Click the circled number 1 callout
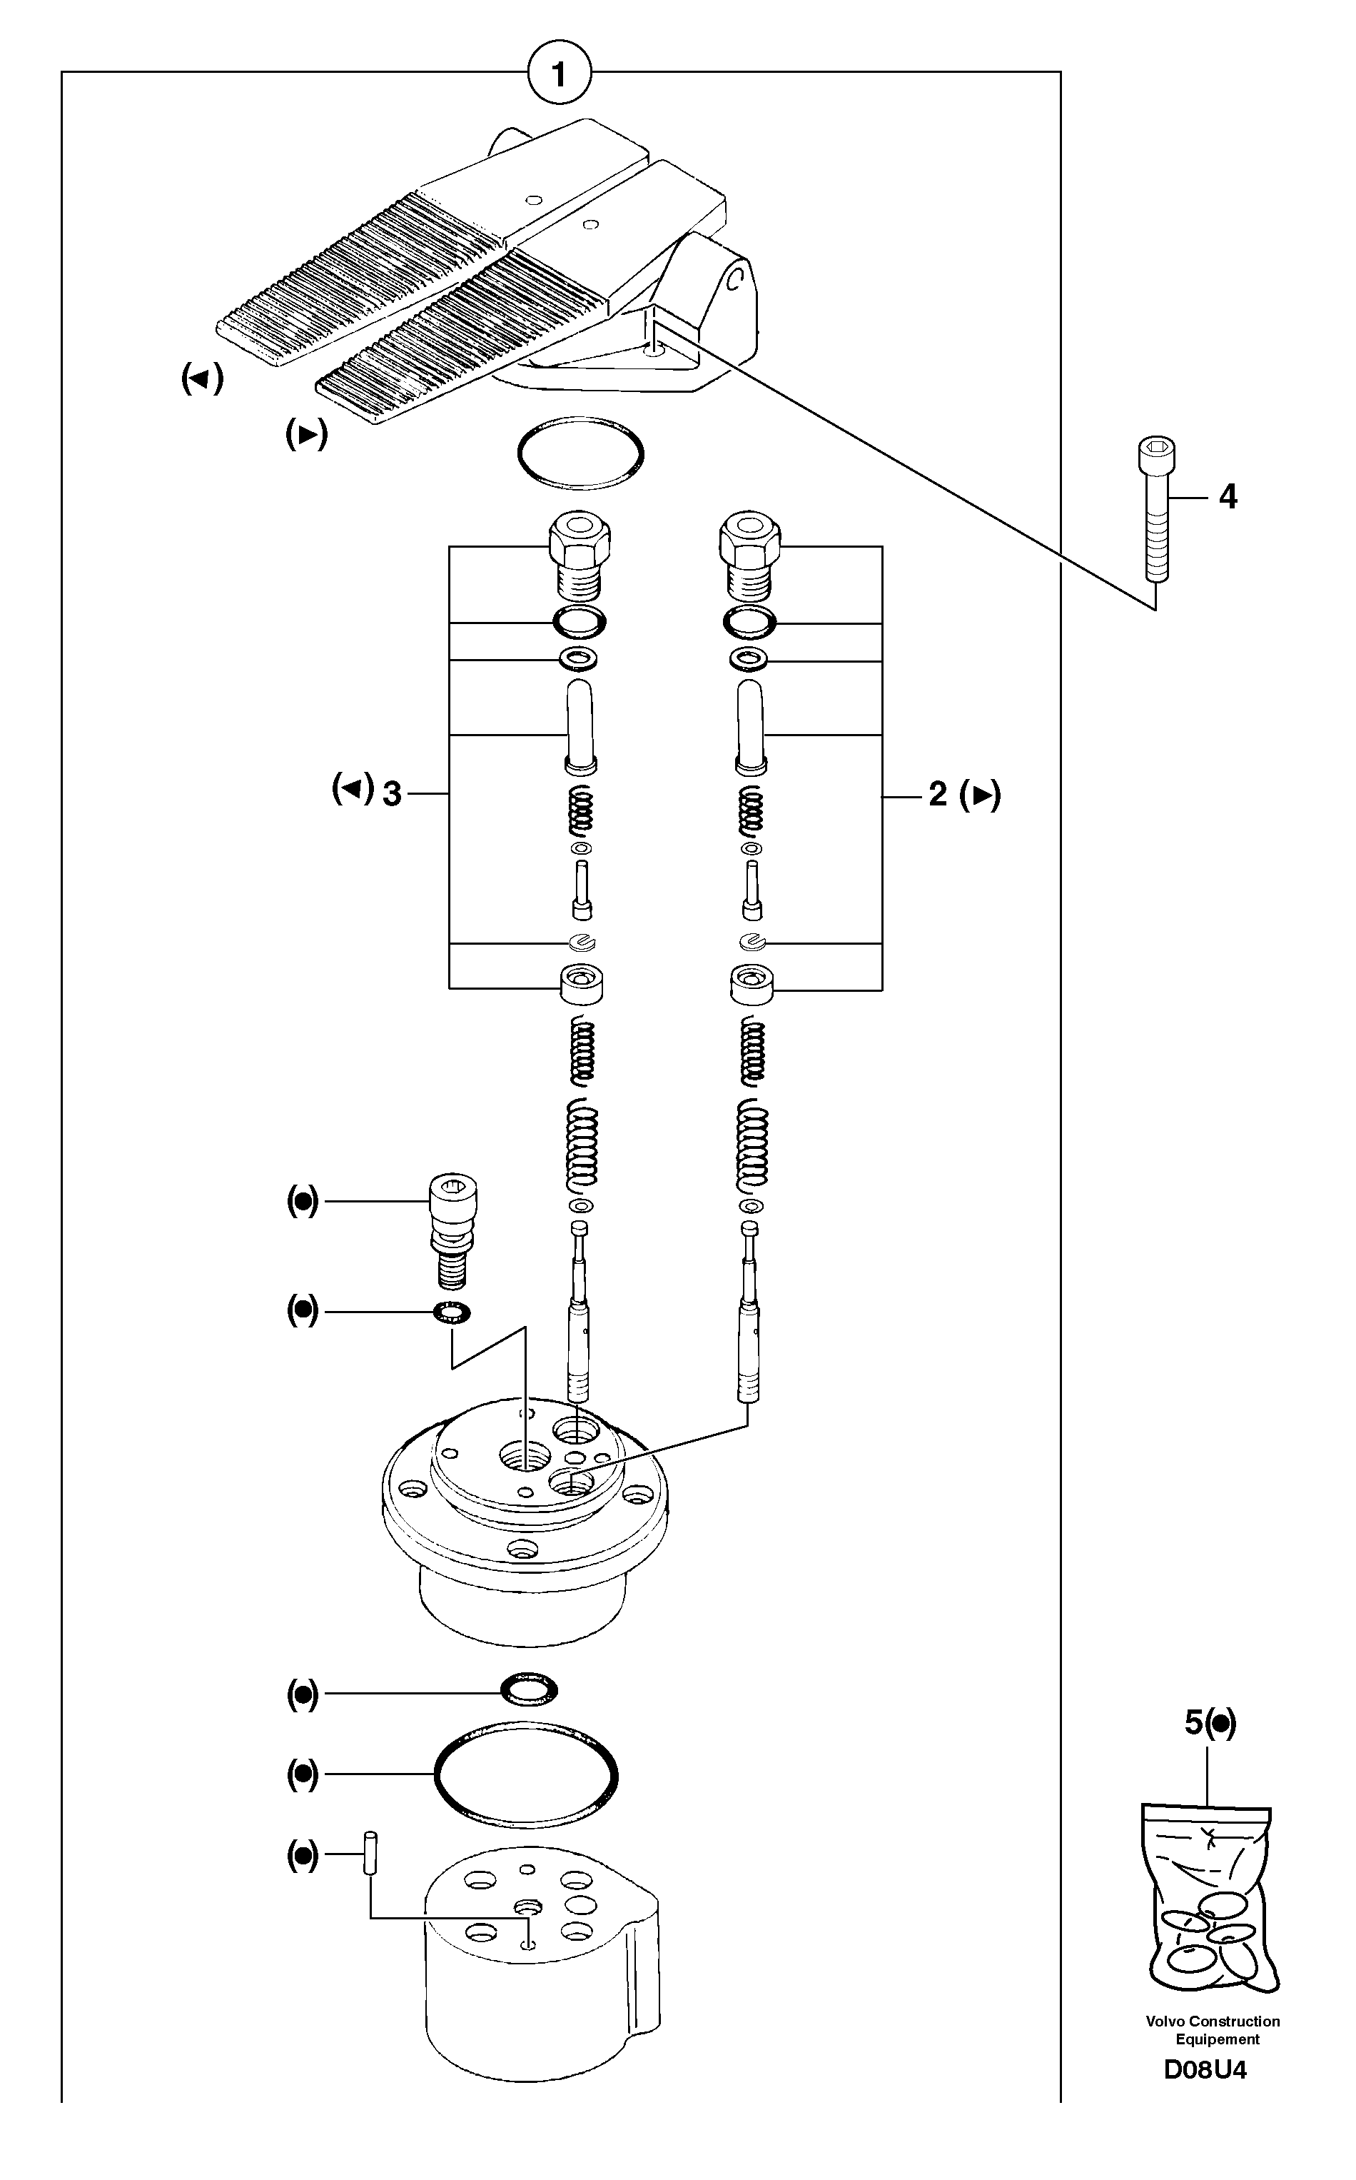560,74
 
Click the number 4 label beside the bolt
1228,496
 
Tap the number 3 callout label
392,794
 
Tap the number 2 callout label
938,794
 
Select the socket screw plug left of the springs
454,1229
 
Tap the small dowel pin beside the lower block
368,1854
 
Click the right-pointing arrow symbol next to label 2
980,795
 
